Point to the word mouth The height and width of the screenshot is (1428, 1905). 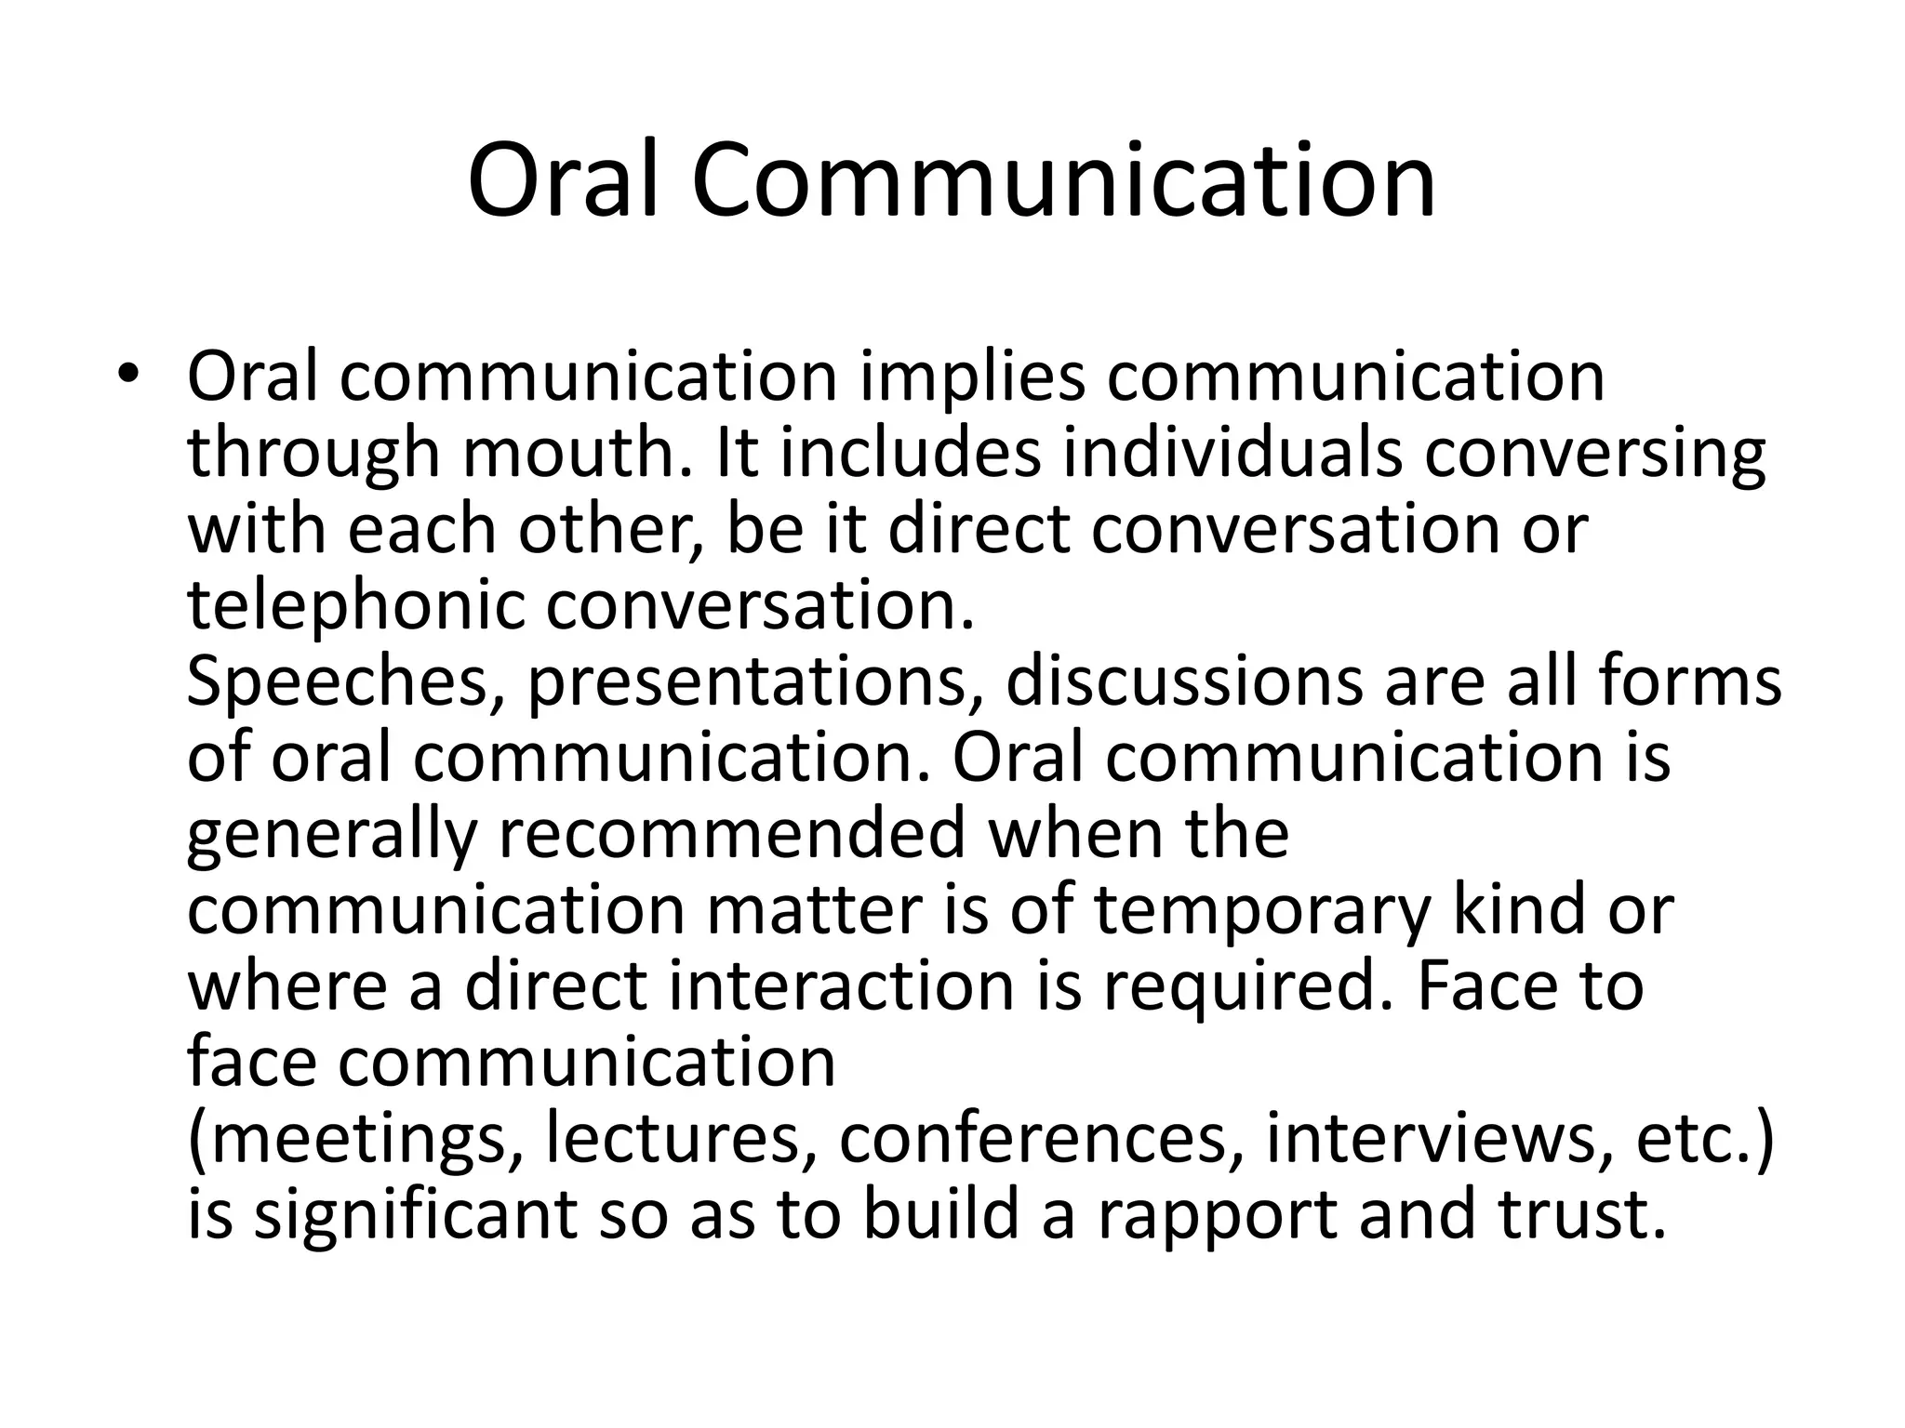(576, 455)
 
